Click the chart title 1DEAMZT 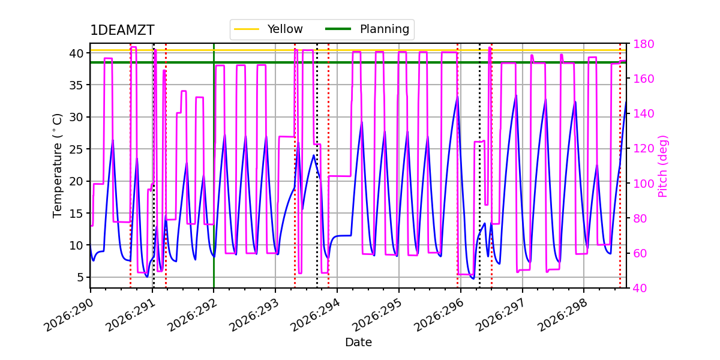(122, 30)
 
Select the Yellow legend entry (268, 29)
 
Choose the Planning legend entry (367, 29)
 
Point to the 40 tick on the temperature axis (76, 53)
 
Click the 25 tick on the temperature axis (76, 149)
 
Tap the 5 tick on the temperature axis (80, 277)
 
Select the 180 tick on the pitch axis (643, 44)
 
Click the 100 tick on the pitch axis (643, 184)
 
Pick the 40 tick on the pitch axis (640, 288)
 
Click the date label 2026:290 (69, 314)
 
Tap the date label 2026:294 (316, 314)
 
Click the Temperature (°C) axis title (57, 166)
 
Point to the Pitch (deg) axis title (663, 166)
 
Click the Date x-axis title (358, 343)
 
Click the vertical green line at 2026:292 (214, 166)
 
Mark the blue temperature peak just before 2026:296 (457, 96)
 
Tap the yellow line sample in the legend (247, 29)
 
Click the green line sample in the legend (338, 29)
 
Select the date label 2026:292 (192, 314)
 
